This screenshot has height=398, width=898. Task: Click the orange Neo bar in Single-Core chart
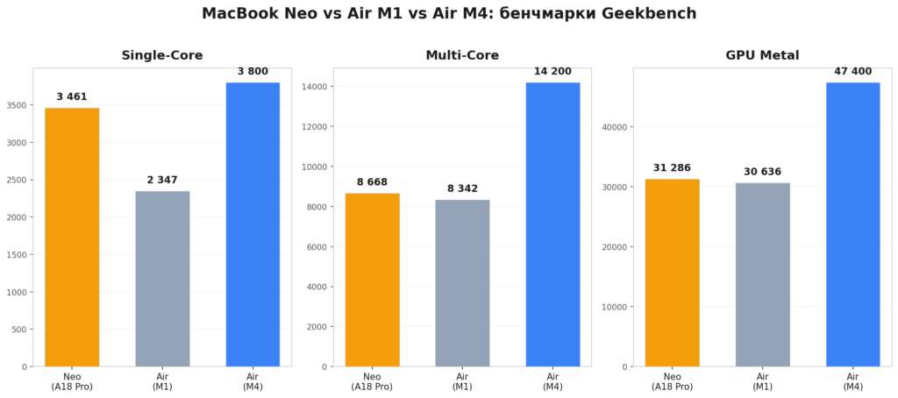[x=72, y=237]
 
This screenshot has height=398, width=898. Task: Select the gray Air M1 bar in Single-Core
[x=162, y=279]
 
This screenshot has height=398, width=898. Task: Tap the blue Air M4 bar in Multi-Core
[x=552, y=224]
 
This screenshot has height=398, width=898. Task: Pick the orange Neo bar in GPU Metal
[x=673, y=273]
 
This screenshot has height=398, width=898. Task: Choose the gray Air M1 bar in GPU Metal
[x=763, y=274]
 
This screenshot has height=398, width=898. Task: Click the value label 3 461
[x=72, y=96]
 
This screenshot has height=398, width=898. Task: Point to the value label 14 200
[x=552, y=71]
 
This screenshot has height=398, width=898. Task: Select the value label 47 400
[x=852, y=71]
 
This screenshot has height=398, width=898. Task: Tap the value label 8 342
[x=462, y=188]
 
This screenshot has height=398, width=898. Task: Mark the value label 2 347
[x=162, y=180]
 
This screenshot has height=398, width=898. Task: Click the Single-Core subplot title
[x=162, y=55]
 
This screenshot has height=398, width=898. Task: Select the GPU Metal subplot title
[x=762, y=55]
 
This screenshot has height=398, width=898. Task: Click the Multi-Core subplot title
[x=462, y=55]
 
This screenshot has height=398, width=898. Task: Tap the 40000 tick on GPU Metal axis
[x=616, y=126]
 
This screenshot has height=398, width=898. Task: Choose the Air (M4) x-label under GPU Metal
[x=852, y=380]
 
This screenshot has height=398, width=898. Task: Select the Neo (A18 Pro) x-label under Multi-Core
[x=372, y=380]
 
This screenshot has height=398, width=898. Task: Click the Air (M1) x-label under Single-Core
[x=162, y=380]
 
